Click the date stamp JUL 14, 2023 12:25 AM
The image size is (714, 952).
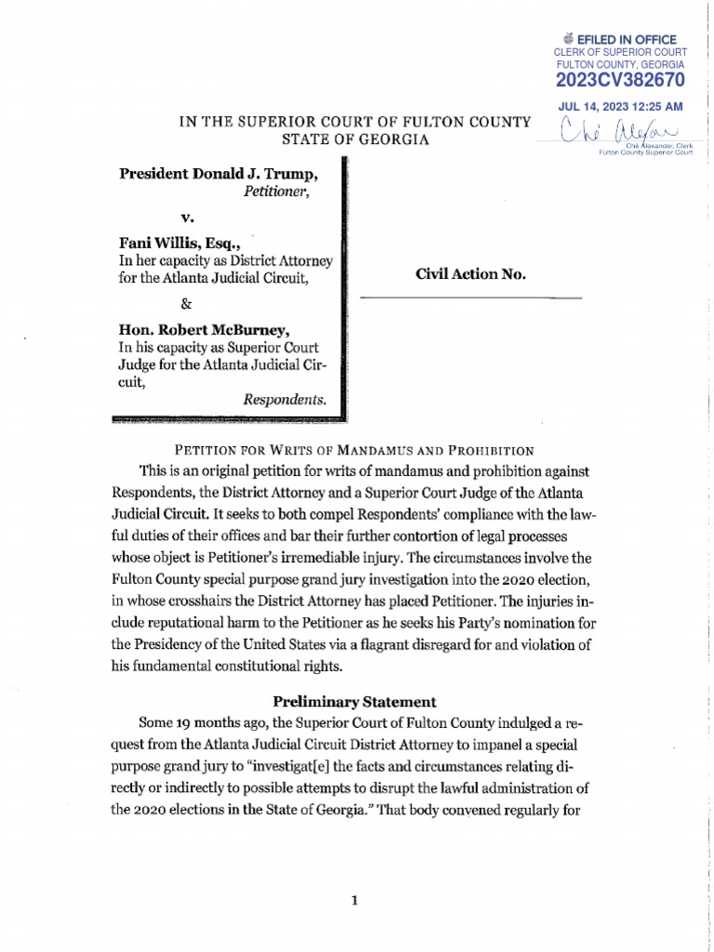click(x=620, y=107)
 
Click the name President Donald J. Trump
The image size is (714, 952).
click(x=218, y=175)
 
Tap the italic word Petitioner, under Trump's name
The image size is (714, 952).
click(x=276, y=192)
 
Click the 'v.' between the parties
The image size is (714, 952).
click(x=186, y=219)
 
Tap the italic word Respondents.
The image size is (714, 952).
click(x=284, y=400)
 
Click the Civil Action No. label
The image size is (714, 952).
click(x=470, y=274)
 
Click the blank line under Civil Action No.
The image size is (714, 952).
click(x=470, y=297)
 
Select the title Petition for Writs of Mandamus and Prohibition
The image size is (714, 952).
click(x=356, y=451)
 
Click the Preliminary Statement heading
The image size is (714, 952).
click(x=354, y=702)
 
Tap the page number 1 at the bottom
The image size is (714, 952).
click(x=354, y=900)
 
